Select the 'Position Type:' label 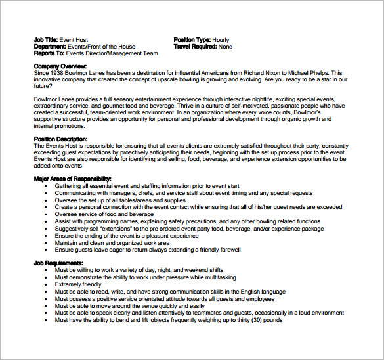point(193,40)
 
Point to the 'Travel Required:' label point(195,47)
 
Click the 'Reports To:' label point(48,53)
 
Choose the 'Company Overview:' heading point(60,66)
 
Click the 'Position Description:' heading point(60,139)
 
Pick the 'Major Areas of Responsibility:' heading point(72,179)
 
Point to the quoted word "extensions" point(116,229)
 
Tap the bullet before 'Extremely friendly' point(46,284)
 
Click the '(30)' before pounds point(249,320)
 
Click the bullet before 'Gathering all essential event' point(46,186)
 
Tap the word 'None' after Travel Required point(225,47)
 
